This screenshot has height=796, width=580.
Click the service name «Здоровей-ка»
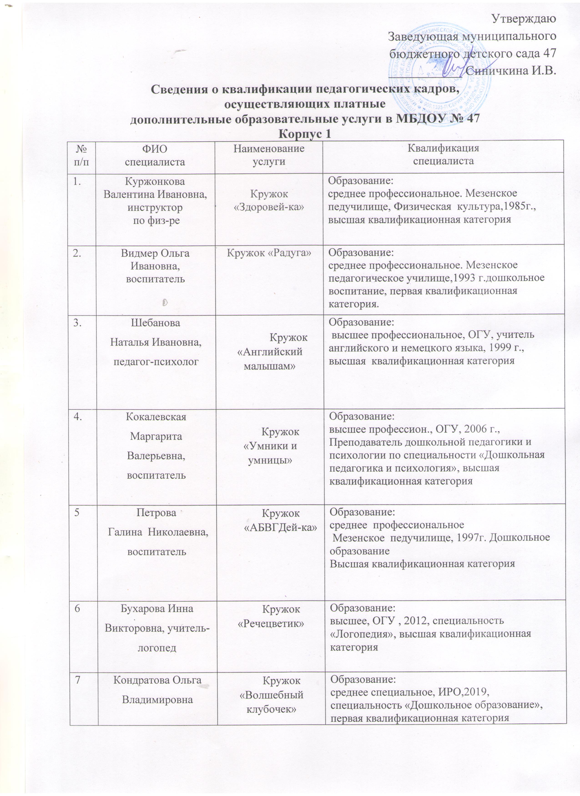(x=269, y=207)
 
